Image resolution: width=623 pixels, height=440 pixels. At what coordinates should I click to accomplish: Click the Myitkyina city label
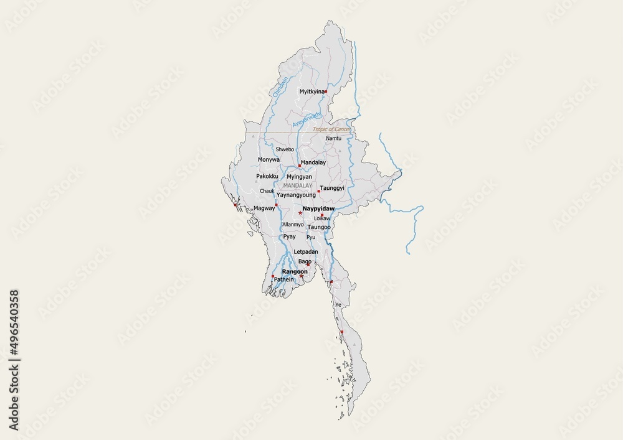tap(311, 91)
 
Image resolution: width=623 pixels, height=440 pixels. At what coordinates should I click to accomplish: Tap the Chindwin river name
tap(281, 86)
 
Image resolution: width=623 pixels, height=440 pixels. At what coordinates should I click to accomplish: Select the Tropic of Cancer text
tap(332, 129)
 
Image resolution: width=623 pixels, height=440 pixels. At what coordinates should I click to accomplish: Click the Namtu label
tap(334, 138)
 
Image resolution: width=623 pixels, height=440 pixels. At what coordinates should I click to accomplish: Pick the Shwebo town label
tap(285, 150)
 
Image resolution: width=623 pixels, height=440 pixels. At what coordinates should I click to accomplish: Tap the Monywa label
tap(269, 160)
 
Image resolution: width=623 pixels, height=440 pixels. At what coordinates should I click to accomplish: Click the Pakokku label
tap(267, 176)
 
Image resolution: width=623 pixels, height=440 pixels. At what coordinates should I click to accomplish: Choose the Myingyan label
tap(299, 177)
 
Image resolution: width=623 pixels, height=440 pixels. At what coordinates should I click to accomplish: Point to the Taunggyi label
tap(332, 188)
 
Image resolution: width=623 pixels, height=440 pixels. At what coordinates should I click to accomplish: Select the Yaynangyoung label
tap(296, 195)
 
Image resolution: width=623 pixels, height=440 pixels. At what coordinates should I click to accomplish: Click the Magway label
tap(264, 208)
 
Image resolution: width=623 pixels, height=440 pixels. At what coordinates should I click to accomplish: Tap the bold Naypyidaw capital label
tap(318, 209)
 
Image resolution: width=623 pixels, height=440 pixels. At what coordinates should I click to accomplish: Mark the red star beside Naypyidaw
tap(300, 213)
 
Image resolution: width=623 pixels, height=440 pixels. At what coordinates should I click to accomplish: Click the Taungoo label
tap(319, 228)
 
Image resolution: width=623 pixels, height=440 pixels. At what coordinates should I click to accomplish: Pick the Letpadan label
tap(305, 252)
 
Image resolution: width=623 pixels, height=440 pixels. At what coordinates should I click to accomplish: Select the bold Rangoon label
tap(295, 272)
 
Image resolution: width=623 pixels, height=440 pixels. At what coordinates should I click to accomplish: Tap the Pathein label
tap(283, 280)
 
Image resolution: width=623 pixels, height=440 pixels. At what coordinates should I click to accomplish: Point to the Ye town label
tap(338, 305)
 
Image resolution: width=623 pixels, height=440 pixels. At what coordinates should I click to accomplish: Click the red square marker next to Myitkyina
tap(326, 91)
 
